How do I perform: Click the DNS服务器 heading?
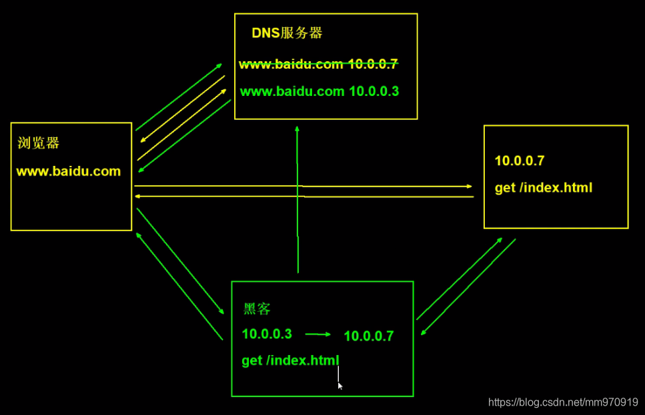point(287,33)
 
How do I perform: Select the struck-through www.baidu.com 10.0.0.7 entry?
point(318,65)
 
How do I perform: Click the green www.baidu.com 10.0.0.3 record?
point(319,91)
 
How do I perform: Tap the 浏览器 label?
point(39,143)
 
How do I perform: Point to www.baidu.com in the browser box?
point(68,171)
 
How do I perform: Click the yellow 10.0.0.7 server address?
point(520,161)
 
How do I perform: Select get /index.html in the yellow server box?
point(543,188)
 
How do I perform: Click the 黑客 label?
point(257,309)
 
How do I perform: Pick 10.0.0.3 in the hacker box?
point(267,334)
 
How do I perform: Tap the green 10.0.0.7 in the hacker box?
point(368,336)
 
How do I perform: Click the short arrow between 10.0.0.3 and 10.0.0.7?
point(318,335)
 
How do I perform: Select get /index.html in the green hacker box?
point(290,360)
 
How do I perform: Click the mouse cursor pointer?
point(340,386)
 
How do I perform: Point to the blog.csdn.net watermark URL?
point(563,402)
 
